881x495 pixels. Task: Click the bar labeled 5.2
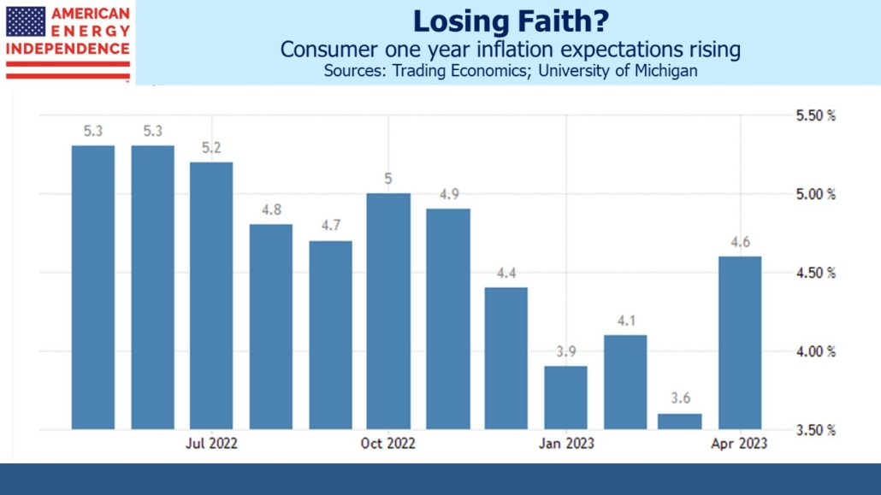coord(211,295)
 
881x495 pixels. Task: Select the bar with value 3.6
coord(680,421)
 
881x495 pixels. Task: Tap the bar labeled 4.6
coord(740,342)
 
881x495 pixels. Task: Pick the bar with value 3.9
coord(566,397)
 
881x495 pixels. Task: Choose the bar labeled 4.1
coord(625,381)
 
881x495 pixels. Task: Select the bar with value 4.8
coord(271,327)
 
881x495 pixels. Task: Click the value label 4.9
coord(449,195)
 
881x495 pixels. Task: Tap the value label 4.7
coord(330,227)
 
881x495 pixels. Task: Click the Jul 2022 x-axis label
coord(211,444)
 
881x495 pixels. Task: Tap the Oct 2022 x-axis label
coord(388,444)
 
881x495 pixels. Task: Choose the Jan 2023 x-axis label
coord(566,444)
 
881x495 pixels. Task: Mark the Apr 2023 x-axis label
coord(741,444)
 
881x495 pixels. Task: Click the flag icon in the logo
coord(27,21)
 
